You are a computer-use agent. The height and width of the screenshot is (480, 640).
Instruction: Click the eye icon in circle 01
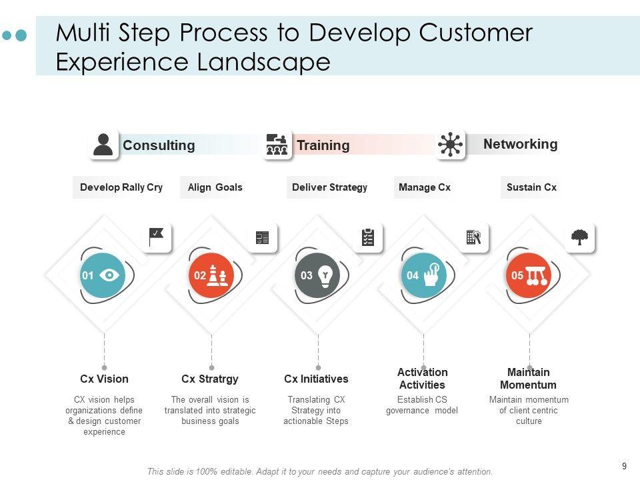(x=110, y=275)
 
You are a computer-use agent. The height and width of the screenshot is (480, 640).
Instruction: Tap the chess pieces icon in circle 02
(x=217, y=275)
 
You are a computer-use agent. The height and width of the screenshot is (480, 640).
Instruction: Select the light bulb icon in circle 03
(x=325, y=275)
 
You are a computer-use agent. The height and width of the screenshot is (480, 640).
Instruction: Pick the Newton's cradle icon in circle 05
(x=536, y=275)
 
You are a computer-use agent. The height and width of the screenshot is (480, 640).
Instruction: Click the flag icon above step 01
(x=157, y=237)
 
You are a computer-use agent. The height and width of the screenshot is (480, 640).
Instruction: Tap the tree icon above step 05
(x=580, y=237)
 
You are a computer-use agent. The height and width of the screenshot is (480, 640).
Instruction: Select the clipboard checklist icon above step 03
(x=368, y=237)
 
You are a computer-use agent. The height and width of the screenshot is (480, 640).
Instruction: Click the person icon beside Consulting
(x=103, y=145)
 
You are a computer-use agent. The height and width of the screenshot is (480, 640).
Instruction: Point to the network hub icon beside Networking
(x=451, y=145)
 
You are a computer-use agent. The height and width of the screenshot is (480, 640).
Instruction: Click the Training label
(x=323, y=145)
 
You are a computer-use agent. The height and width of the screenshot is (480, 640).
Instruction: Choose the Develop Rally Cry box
(x=121, y=187)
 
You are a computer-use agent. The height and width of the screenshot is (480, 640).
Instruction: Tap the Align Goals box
(x=215, y=187)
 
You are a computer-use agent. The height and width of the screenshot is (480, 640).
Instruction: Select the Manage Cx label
(x=425, y=187)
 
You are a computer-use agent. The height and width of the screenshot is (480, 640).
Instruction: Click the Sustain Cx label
(x=531, y=187)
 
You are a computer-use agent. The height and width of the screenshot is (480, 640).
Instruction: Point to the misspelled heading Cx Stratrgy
(x=210, y=379)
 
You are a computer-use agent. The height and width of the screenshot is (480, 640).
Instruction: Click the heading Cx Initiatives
(x=316, y=379)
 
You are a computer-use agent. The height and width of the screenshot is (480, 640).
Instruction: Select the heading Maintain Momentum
(x=528, y=379)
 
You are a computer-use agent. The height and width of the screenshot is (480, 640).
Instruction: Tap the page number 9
(x=624, y=467)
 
